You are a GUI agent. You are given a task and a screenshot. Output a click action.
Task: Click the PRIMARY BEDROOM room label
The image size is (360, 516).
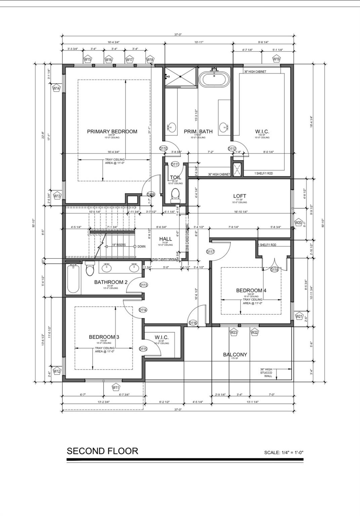(x=112, y=131)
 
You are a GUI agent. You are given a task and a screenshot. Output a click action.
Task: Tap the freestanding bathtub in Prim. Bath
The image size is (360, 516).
(x=214, y=80)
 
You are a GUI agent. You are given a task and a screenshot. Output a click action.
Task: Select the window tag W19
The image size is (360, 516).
(x=276, y=59)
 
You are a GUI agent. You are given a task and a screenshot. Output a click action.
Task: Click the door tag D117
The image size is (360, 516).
(x=210, y=252)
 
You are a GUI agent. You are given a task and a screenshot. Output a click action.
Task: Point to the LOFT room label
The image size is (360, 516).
(x=240, y=196)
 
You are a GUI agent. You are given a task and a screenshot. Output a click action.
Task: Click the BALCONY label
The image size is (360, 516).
(x=235, y=354)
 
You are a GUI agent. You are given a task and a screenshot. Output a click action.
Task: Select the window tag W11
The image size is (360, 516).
(x=116, y=387)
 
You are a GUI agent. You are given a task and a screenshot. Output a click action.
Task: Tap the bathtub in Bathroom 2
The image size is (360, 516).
(x=73, y=279)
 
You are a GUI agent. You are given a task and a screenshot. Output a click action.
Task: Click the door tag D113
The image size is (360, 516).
(x=144, y=285)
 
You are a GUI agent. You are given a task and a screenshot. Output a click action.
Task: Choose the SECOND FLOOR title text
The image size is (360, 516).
(x=103, y=451)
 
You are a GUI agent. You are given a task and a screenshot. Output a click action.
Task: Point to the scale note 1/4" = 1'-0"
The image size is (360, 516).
(x=284, y=453)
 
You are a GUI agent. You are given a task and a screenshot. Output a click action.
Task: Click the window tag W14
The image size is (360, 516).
(x=56, y=88)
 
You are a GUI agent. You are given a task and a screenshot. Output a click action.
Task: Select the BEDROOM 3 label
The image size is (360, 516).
(x=104, y=337)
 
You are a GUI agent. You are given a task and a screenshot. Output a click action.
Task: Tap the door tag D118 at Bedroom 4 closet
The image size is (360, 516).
(x=275, y=270)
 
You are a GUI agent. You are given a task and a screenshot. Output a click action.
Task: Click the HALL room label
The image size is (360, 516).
(x=165, y=239)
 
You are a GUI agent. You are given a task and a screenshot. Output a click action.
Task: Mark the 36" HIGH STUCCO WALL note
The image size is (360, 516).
(x=268, y=373)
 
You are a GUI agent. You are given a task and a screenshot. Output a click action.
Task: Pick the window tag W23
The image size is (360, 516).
(x=234, y=332)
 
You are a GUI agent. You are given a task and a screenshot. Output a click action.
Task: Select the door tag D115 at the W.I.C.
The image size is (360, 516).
(x=143, y=349)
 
